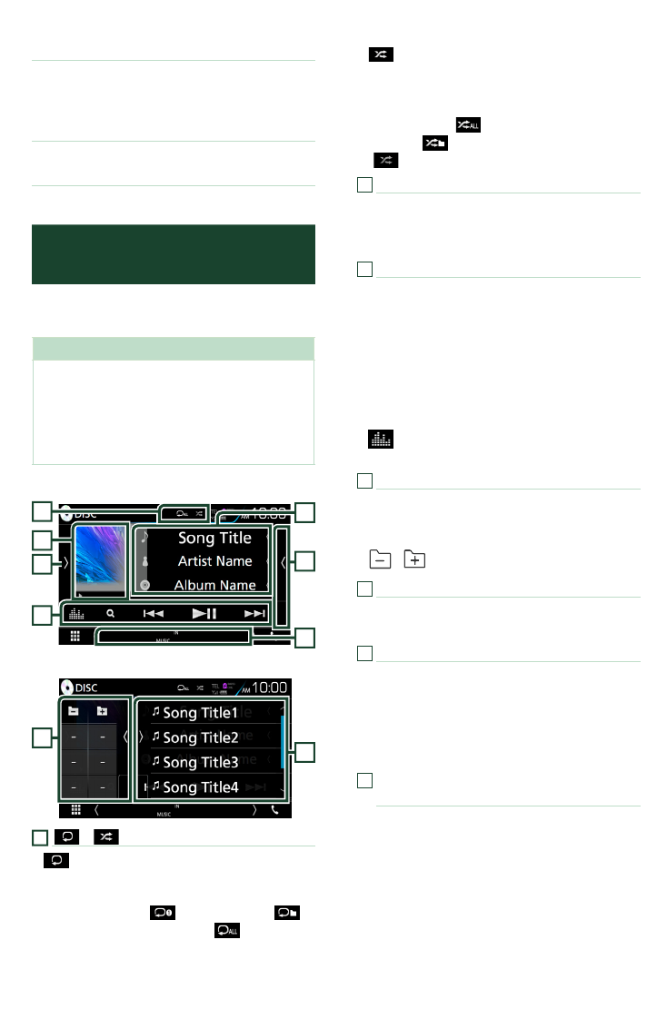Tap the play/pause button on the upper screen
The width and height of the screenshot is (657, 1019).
tap(205, 613)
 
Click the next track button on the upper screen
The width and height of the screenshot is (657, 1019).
tap(255, 613)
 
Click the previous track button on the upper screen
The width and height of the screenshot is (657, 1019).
tap(154, 613)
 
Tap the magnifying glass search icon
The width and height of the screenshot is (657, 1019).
tap(110, 613)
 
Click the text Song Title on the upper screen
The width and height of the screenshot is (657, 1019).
tap(214, 538)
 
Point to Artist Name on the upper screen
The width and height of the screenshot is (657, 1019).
tap(214, 561)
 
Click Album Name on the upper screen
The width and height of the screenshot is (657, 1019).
tap(214, 585)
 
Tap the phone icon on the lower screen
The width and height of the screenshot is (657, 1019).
tap(274, 809)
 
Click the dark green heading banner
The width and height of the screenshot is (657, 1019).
tap(174, 254)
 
